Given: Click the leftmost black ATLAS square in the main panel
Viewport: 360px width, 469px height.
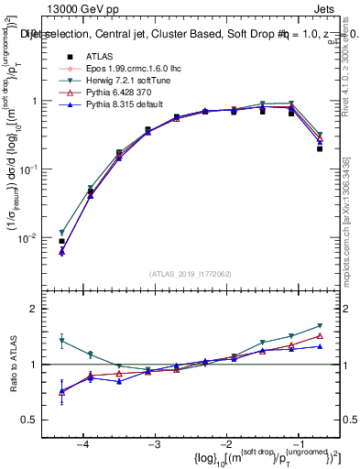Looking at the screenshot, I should coord(61,242).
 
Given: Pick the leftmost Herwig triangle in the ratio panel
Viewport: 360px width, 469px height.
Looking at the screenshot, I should coord(61,341).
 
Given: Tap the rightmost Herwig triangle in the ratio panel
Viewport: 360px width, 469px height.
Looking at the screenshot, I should coord(320,326).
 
